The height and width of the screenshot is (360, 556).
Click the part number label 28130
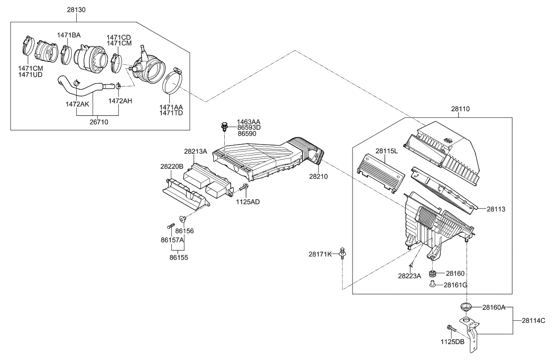(x=77, y=9)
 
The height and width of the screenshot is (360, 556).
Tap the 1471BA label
(x=68, y=35)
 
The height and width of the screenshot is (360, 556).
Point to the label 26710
(x=98, y=122)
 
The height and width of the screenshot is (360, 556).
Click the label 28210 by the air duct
(x=319, y=176)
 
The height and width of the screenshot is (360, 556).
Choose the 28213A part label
(x=196, y=152)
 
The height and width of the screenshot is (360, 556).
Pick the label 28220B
(x=171, y=167)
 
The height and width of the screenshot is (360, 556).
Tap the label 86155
(x=178, y=257)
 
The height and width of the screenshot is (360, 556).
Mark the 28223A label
(x=409, y=276)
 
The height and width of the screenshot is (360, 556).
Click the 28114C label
(x=533, y=320)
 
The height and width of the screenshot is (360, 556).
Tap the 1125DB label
(x=453, y=342)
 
